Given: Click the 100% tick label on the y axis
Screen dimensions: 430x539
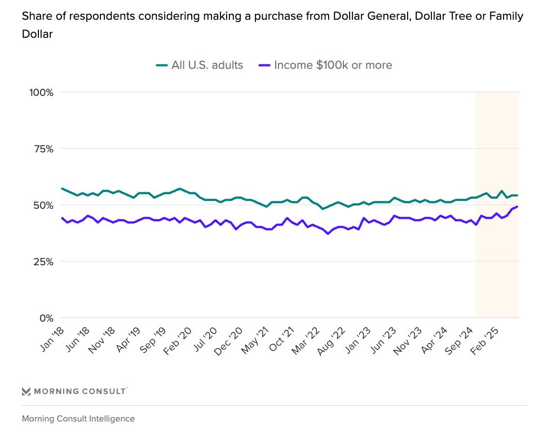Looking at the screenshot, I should (x=41, y=92).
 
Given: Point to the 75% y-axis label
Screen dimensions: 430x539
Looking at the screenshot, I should (x=42, y=149).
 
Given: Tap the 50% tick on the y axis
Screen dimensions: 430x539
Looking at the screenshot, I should (x=42, y=205).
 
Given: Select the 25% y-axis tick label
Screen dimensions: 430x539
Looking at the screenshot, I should (x=42, y=262).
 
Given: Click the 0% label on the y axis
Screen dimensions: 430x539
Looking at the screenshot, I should (x=46, y=318).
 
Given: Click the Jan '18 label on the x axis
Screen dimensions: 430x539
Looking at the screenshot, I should (x=52, y=340).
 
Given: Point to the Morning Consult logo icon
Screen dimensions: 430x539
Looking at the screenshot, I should (x=26, y=391).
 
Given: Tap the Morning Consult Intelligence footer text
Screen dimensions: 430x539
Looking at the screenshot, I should (x=78, y=419).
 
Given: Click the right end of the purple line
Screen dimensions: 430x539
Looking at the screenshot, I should (x=518, y=207).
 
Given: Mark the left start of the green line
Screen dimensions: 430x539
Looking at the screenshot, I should (x=62, y=188).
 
